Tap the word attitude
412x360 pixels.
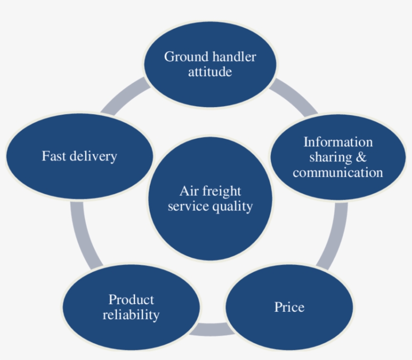coord(210,72)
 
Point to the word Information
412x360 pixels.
coord(338,142)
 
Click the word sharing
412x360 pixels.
coord(330,157)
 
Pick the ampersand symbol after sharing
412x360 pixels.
coord(361,157)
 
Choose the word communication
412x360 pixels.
coord(338,173)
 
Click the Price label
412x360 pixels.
coord(289,307)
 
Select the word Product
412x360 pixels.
coord(131,300)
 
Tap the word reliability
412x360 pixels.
coord(131,315)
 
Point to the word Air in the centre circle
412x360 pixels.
coord(188,191)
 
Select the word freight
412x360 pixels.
coord(221,192)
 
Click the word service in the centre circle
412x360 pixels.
coord(186,207)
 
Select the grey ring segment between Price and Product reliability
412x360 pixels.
coord(210,330)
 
